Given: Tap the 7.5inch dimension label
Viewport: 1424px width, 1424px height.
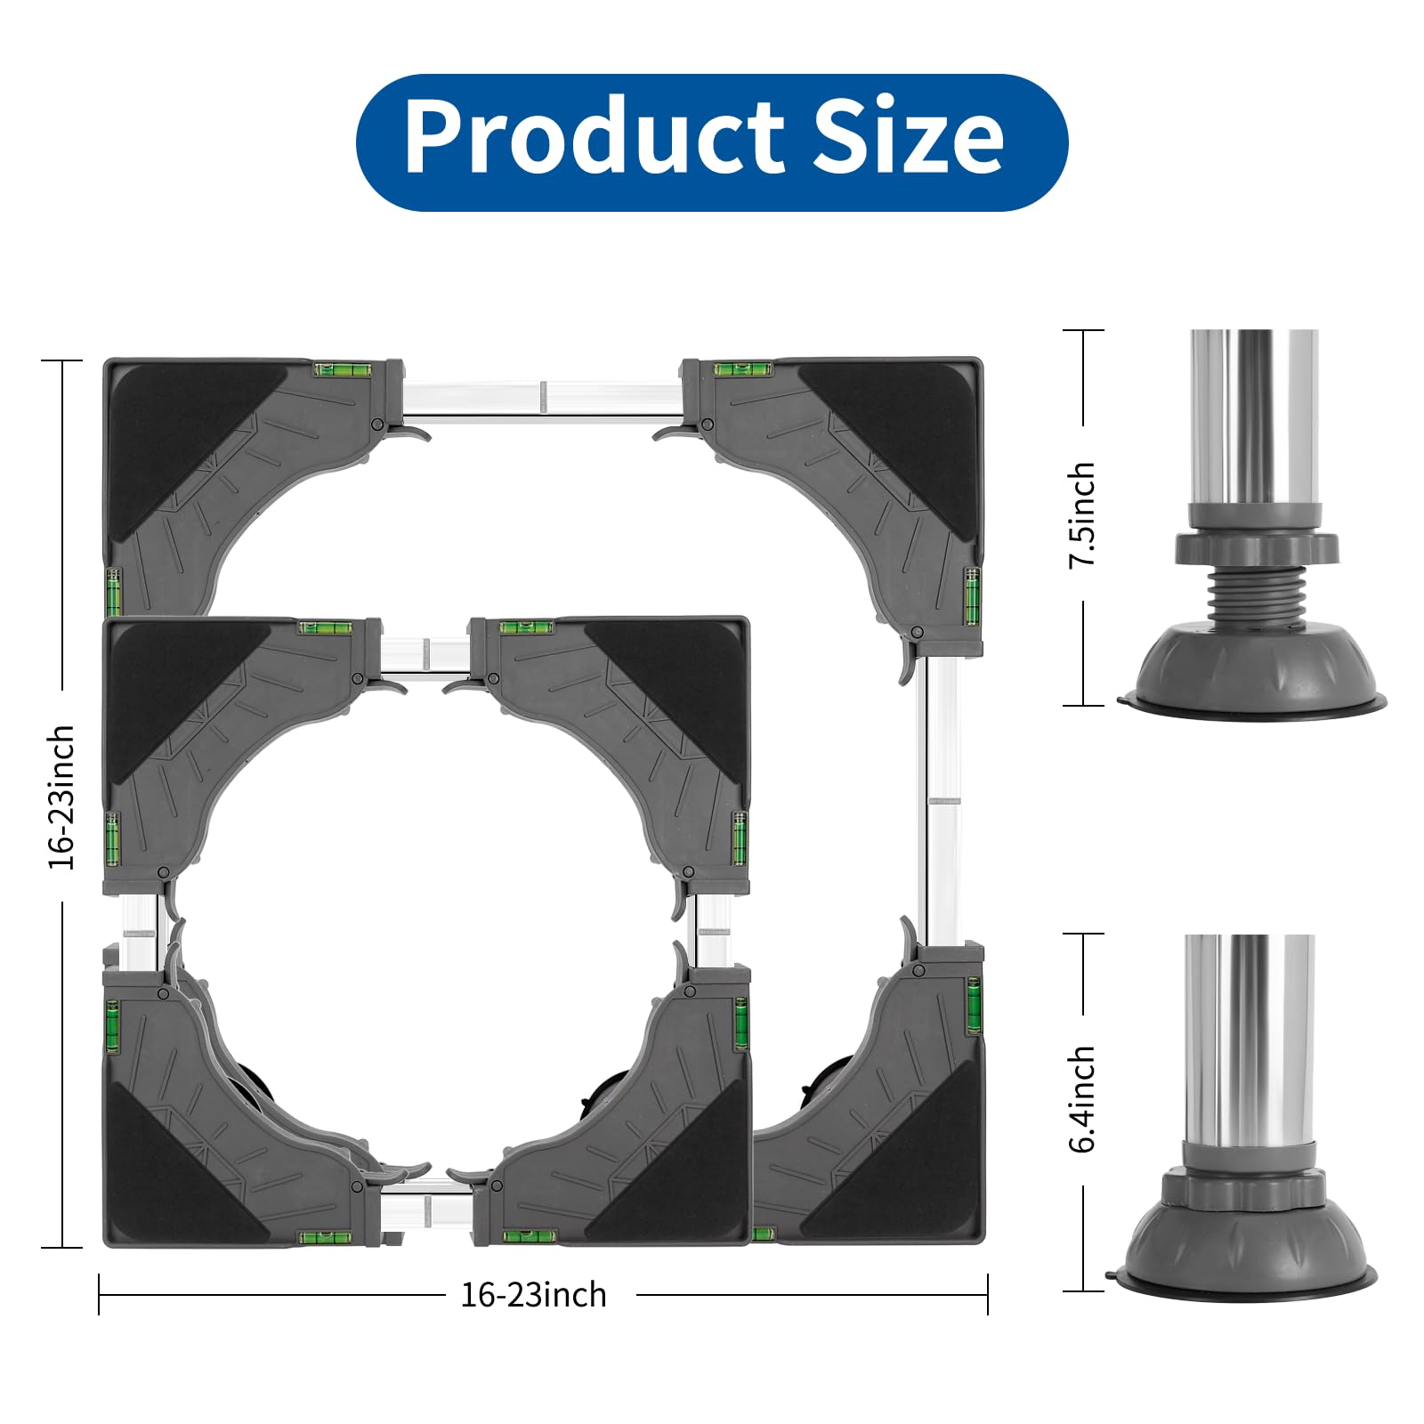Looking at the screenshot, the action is pos(1082,514).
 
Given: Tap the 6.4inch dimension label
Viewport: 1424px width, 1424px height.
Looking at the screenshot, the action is pos(1082,1099).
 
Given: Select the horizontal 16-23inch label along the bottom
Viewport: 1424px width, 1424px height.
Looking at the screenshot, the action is pos(533,1295).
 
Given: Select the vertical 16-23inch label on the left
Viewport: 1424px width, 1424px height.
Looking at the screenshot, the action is pos(61,797).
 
